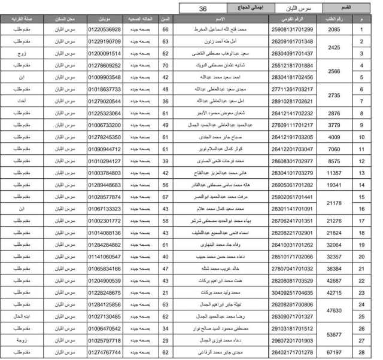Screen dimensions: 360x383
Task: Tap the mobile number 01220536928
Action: [x=104, y=29]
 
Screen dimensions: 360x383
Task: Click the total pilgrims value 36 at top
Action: [x=203, y=9]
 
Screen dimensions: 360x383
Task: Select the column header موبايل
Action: [x=104, y=19]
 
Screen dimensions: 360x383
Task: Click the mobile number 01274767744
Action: [x=104, y=353]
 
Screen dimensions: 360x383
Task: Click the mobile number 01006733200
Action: [x=104, y=125]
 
